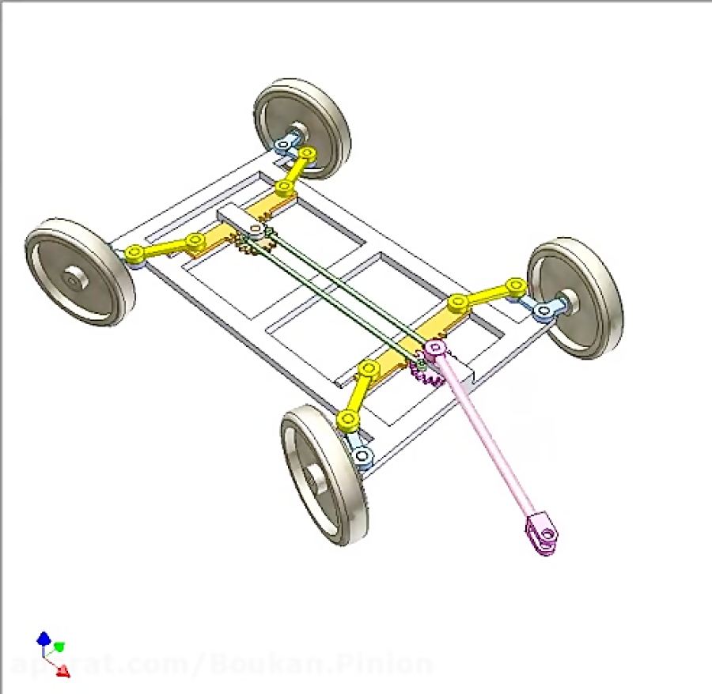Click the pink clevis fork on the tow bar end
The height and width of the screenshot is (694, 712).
(543, 535)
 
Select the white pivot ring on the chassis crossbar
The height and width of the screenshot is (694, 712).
(255, 231)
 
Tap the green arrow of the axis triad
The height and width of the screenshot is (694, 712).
(59, 647)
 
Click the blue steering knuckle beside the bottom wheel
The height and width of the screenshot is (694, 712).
(363, 456)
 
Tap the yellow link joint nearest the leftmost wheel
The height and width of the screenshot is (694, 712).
(135, 253)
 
